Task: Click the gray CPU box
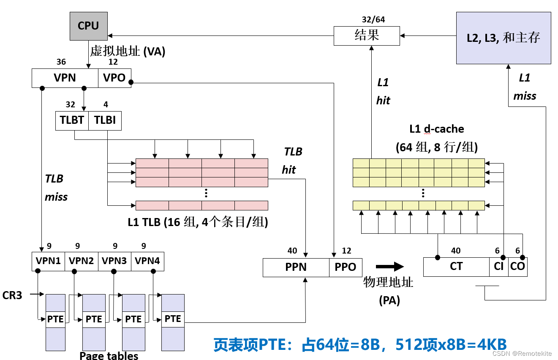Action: tap(88, 26)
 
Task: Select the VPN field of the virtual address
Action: tap(65, 78)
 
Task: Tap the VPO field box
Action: tap(114, 78)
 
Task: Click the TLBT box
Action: tap(72, 120)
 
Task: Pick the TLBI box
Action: tap(105, 120)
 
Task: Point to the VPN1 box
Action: tap(48, 261)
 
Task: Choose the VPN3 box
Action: tap(114, 261)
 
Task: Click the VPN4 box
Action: tap(147, 261)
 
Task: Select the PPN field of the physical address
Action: tap(296, 267)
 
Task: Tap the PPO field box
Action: tap(346, 267)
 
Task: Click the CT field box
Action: tap(456, 267)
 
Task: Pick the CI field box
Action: tap(498, 267)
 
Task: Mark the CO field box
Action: tap(517, 267)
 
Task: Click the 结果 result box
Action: tap(367, 35)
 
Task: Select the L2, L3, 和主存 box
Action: tap(504, 38)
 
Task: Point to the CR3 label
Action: tap(12, 295)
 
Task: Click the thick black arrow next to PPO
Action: tap(389, 266)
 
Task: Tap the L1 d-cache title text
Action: tap(437, 129)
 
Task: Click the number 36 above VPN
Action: tap(61, 62)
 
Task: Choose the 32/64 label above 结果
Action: tap(373, 19)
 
